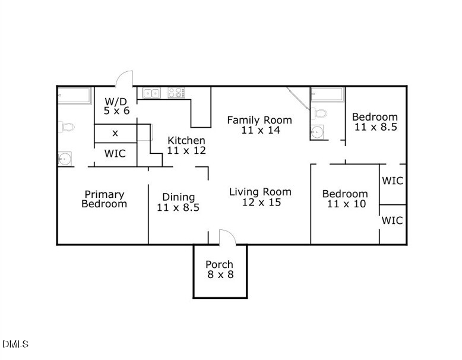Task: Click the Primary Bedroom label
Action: point(104,199)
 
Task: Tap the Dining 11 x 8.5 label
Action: point(178,203)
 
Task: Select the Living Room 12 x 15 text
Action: point(260,197)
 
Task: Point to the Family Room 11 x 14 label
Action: point(260,125)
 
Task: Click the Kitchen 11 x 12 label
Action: point(186,146)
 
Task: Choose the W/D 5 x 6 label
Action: point(117,106)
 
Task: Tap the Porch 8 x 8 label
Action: point(219,270)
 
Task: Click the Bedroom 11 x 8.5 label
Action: point(375,122)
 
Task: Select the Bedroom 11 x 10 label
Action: point(344,199)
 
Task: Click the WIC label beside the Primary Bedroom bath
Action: point(115,153)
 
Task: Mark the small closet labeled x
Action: point(115,132)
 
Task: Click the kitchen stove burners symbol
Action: point(176,93)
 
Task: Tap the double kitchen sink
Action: point(151,93)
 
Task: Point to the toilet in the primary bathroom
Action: point(66,126)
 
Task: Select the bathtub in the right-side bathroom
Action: point(327,94)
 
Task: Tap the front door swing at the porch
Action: point(227,237)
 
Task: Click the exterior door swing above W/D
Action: point(125,79)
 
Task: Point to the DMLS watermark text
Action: point(15,344)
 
